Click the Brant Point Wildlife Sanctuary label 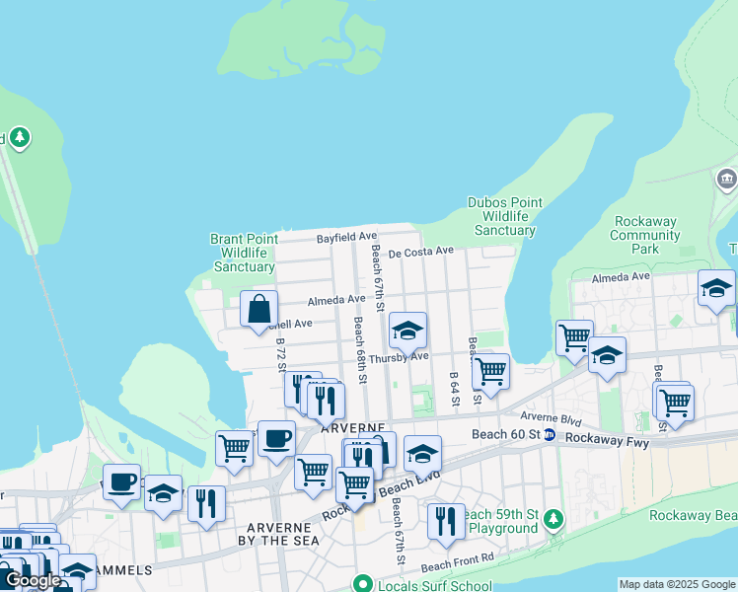tap(243, 253)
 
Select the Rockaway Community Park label tap(646, 235)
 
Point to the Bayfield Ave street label tap(346, 238)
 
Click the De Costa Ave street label tap(420, 253)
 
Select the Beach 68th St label tap(360, 350)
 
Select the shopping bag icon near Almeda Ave tap(258, 309)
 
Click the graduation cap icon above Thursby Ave tap(407, 330)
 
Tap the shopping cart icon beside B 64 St tap(490, 371)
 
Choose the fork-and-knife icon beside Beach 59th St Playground tap(446, 520)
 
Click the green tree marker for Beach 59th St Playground tap(553, 518)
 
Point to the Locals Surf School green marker tap(363, 583)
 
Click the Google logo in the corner tap(32, 580)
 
